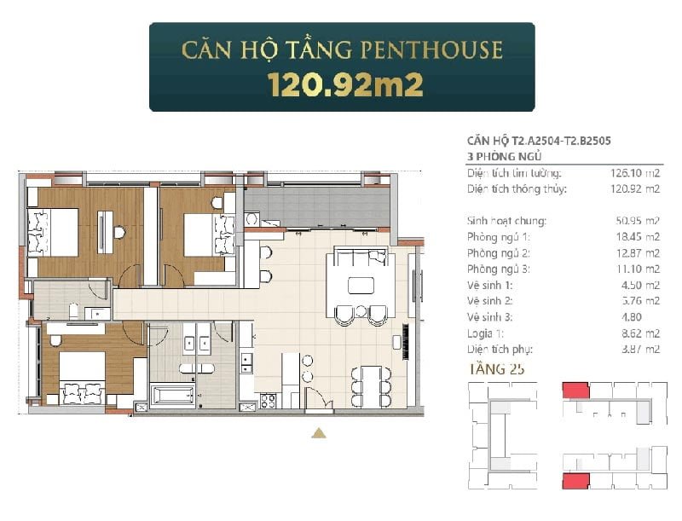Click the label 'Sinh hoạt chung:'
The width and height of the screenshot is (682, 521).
(x=507, y=221)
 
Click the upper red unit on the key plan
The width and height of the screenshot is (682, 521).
(x=575, y=391)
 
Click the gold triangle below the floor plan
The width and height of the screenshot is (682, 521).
(x=319, y=433)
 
